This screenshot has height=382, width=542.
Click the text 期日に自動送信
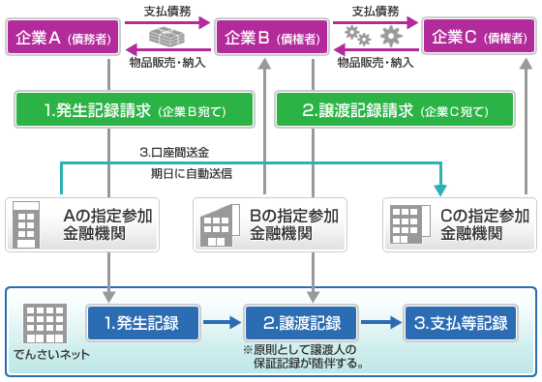click(191, 174)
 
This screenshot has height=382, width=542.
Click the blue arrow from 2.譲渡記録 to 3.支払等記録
click(386, 322)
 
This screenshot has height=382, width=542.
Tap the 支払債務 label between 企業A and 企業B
click(166, 12)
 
